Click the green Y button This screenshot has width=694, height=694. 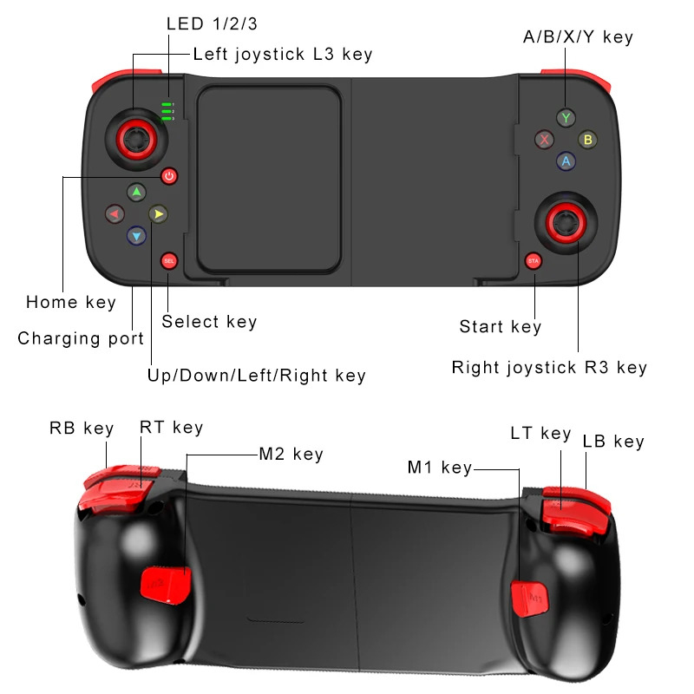566,117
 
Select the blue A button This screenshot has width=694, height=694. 566,160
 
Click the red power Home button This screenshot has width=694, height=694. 169,176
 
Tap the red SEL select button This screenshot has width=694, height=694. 169,260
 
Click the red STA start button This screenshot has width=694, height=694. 534,260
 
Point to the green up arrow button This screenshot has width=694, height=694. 136,192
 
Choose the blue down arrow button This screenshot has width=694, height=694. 136,234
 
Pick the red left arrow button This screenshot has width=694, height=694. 114,213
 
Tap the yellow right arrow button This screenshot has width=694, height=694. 157,213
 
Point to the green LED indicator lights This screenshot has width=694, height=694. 167,111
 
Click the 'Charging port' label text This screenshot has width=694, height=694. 81,338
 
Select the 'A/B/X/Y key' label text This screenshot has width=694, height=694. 579,36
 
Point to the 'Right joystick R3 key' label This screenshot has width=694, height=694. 549,368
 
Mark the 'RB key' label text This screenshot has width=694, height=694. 82,428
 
